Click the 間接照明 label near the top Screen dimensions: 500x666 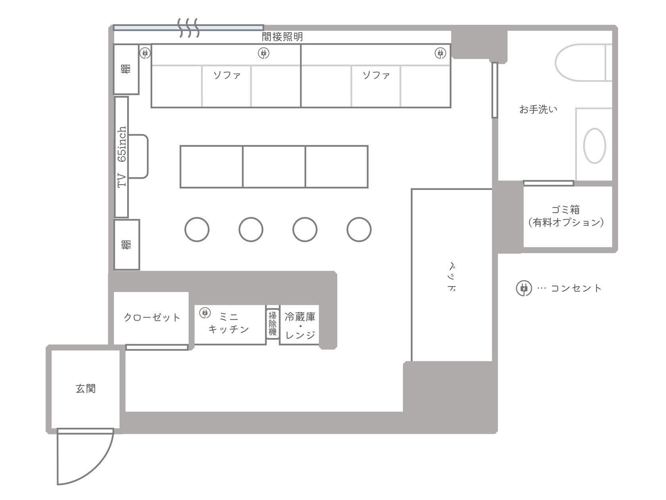point(282,37)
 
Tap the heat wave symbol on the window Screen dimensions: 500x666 point(188,28)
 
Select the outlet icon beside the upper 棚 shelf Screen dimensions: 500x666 point(145,52)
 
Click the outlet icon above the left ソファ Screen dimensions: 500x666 point(264,53)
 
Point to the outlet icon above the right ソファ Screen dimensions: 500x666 point(440,53)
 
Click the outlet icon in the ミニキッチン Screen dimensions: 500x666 point(205,313)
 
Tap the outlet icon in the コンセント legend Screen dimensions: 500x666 point(524,288)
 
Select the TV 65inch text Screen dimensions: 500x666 point(122,157)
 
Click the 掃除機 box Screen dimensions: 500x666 point(273,324)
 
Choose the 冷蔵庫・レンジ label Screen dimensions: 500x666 point(300,326)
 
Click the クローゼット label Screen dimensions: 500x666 point(152,317)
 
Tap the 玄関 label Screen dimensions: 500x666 point(86,388)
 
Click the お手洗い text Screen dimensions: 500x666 point(538,109)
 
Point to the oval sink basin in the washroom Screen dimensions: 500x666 point(594,146)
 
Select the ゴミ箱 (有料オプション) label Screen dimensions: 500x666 point(566,216)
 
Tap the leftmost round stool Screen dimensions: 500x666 point(197,229)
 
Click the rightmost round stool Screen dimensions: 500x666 point(359,229)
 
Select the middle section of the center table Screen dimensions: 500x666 point(274,167)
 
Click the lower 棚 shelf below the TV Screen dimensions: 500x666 point(126,244)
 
